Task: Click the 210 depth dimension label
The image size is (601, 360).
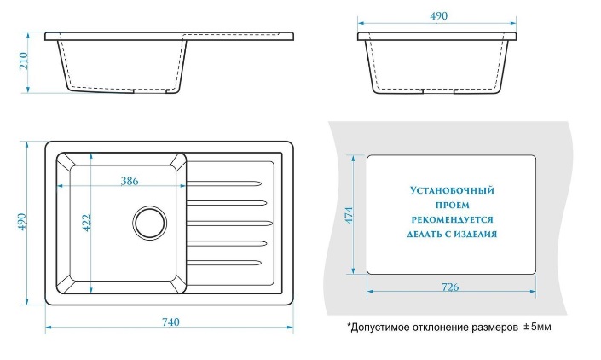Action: click(x=23, y=61)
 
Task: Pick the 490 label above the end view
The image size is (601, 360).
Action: click(x=438, y=16)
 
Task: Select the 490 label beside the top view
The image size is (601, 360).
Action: click(x=23, y=224)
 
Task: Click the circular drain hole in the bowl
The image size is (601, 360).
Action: click(x=150, y=224)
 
